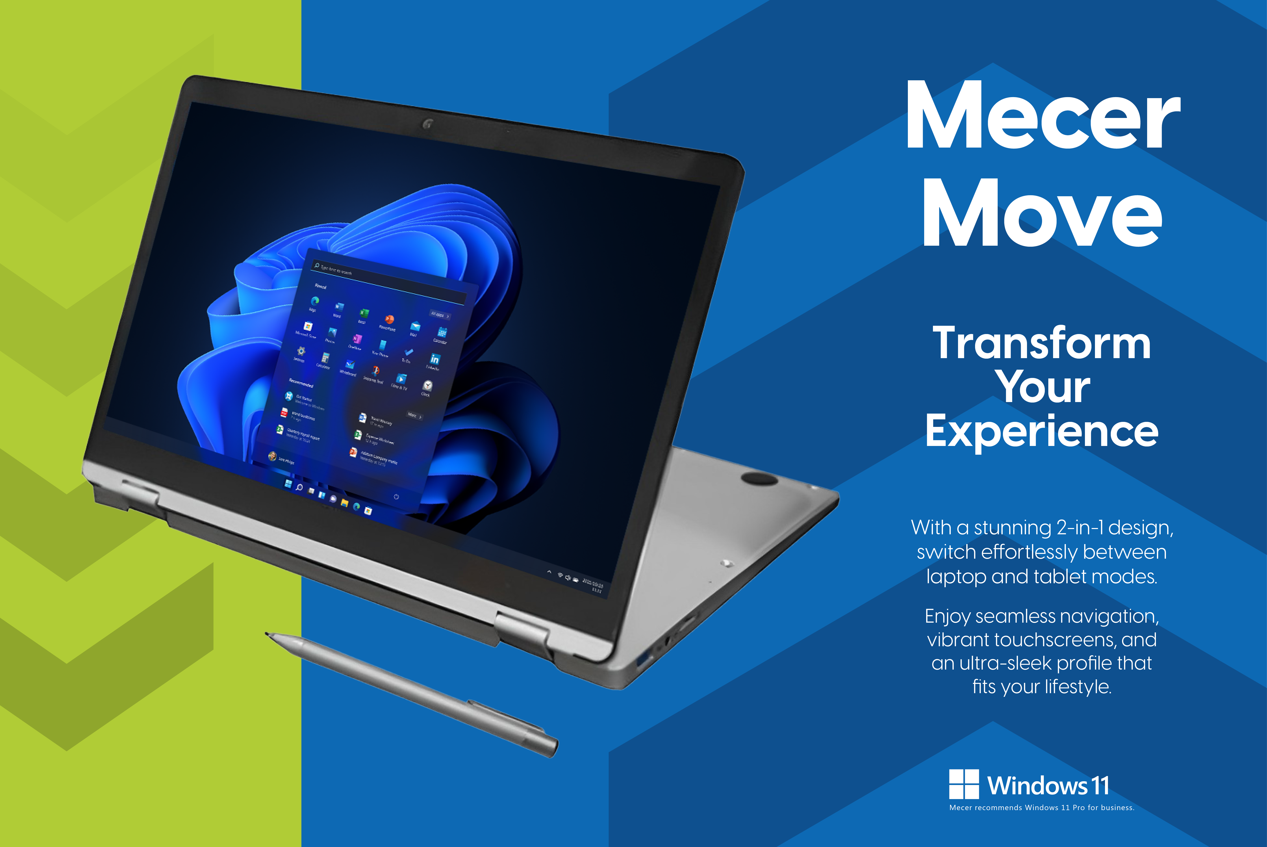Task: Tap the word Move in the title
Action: (1042, 213)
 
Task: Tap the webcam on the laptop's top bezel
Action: (427, 124)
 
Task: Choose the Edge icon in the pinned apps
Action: (315, 300)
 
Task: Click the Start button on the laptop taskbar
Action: (288, 483)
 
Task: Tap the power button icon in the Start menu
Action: (396, 496)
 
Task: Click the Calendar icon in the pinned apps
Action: (442, 332)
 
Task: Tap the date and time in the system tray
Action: (593, 586)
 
